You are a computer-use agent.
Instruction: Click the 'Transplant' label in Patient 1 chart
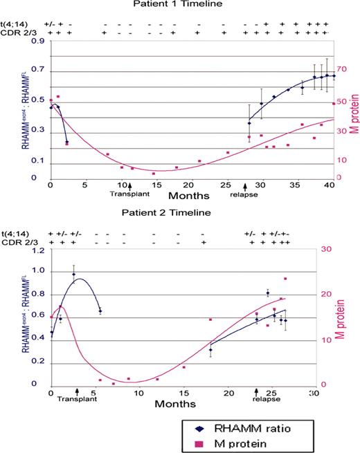point(126,194)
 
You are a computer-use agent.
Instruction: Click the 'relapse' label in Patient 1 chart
point(244,194)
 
